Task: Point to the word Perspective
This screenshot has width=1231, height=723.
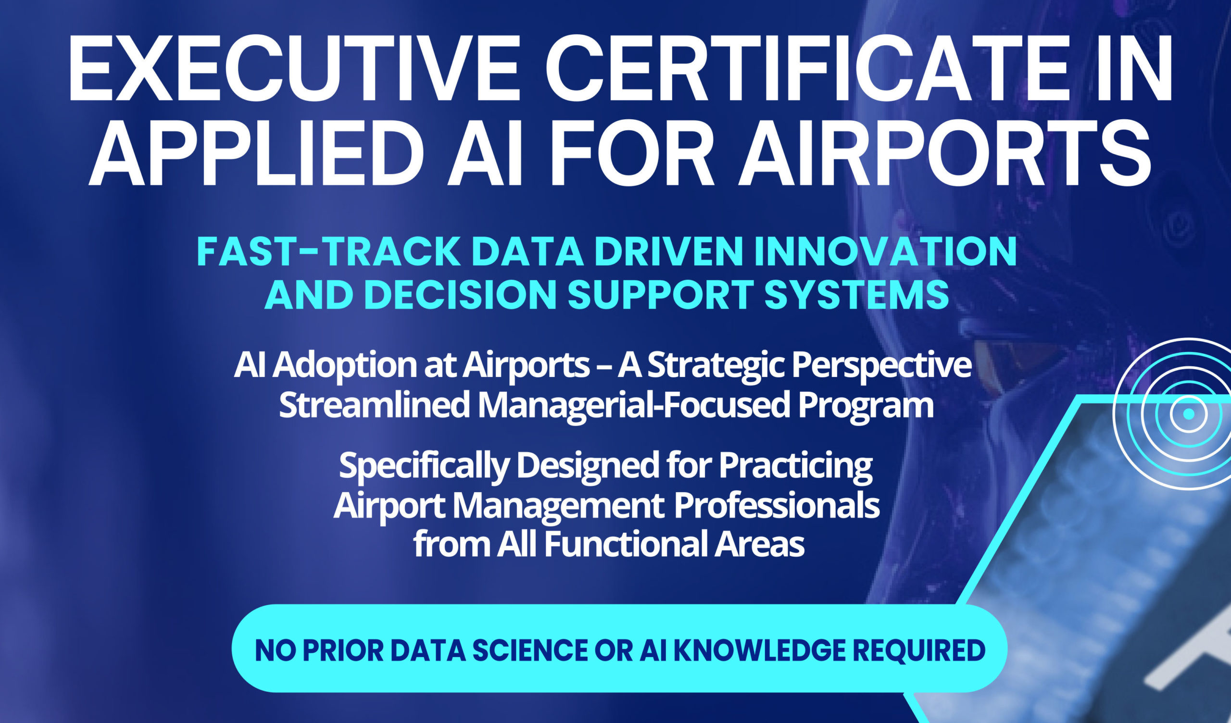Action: pos(881,366)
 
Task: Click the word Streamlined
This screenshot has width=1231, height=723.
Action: pos(374,405)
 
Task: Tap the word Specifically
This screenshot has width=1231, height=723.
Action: pos(424,466)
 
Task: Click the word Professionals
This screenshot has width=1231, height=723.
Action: pos(777,506)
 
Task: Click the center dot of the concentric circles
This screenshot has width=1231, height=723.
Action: pos(1189,414)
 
